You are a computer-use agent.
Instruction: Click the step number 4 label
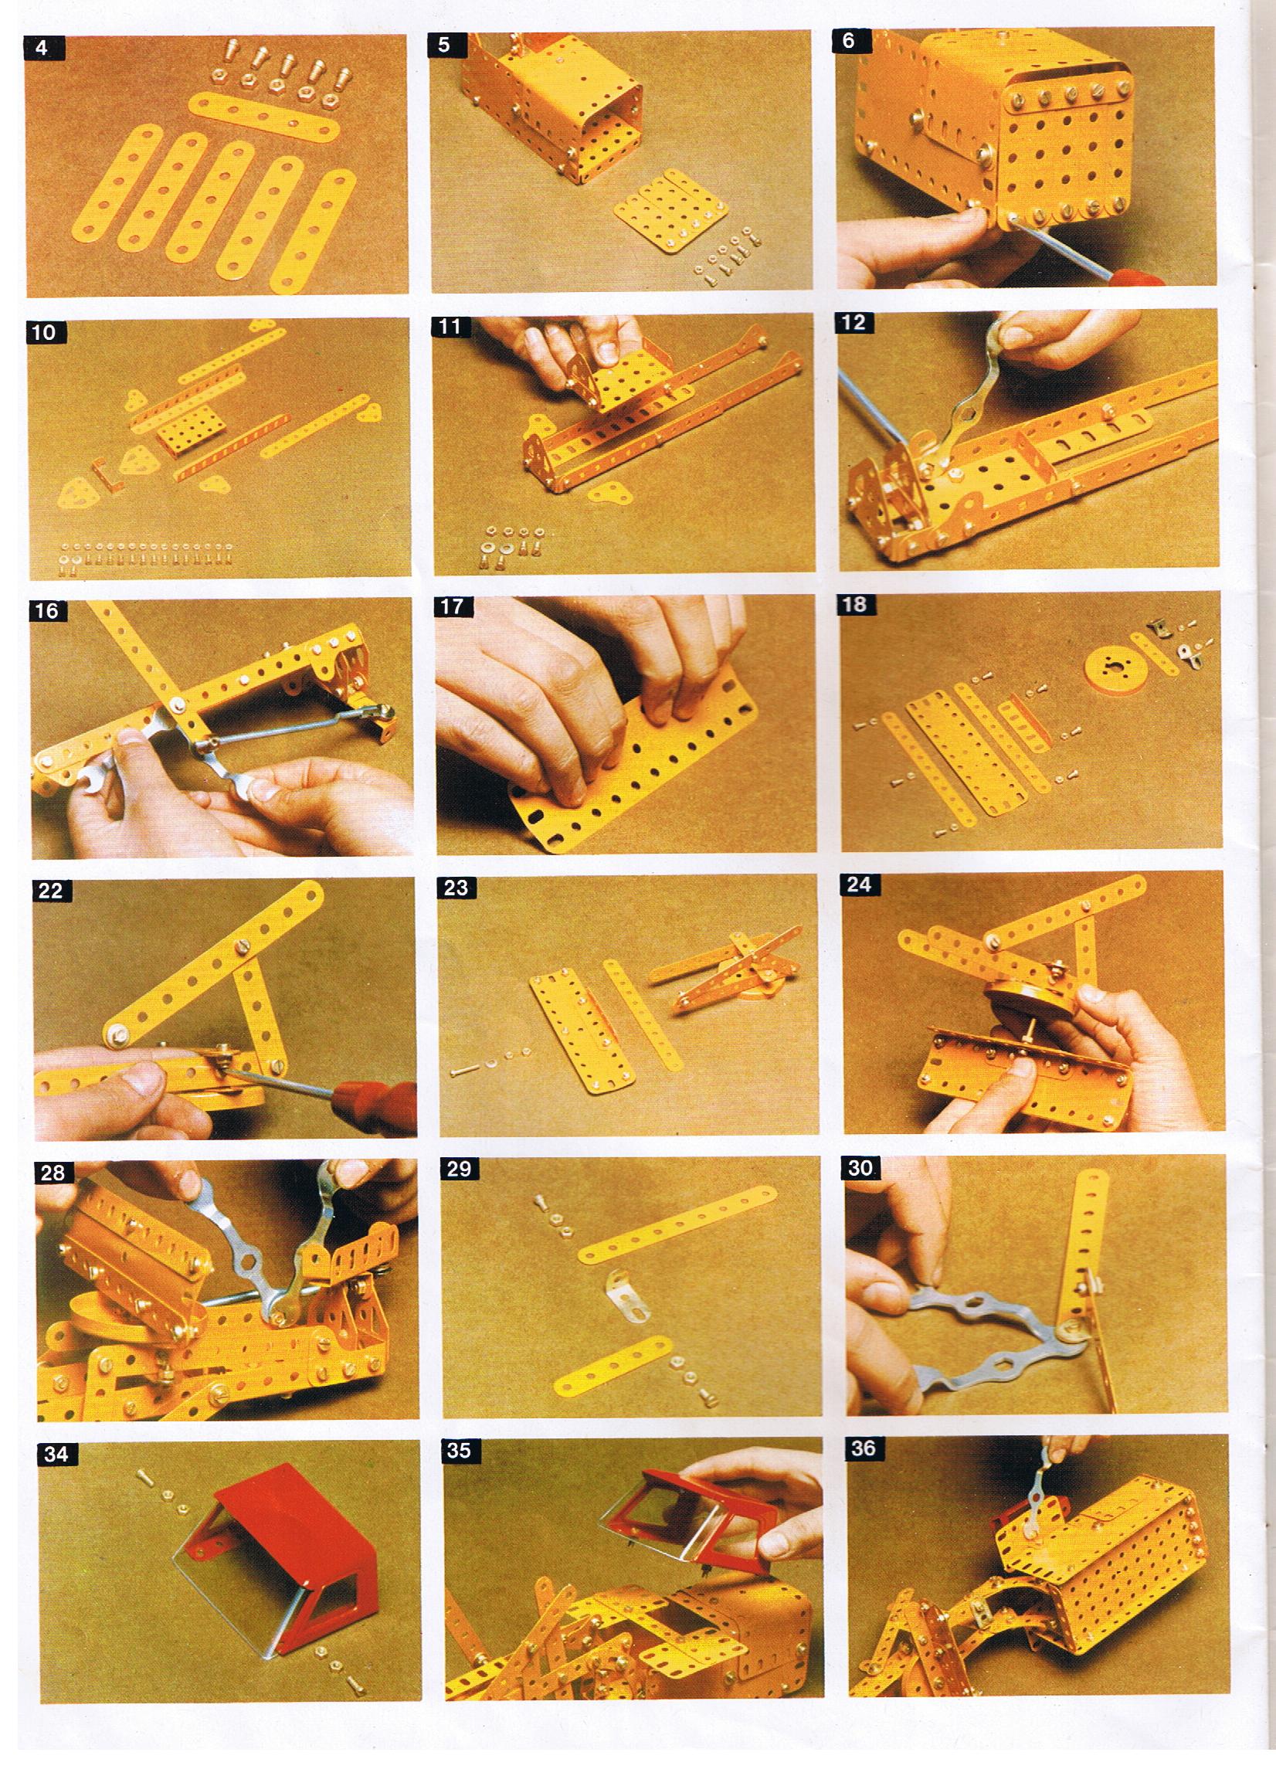click(44, 48)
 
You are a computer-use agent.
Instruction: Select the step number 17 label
click(453, 606)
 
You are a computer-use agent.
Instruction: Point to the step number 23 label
click(456, 888)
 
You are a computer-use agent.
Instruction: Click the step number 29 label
click(459, 1169)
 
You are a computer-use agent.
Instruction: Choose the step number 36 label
click(864, 1448)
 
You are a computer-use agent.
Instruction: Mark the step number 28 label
click(53, 1173)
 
